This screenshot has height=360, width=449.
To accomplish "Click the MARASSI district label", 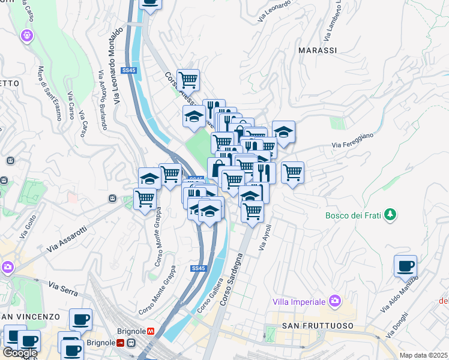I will [318, 50].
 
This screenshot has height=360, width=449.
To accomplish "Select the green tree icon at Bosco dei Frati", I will [390, 214].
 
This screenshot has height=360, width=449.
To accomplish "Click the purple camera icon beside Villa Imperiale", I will [335, 301].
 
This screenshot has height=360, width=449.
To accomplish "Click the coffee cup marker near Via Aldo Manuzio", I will [405, 266].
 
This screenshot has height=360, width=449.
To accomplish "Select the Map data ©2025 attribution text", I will [423, 355].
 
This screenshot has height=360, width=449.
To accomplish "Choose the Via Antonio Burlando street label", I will [101, 99].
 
